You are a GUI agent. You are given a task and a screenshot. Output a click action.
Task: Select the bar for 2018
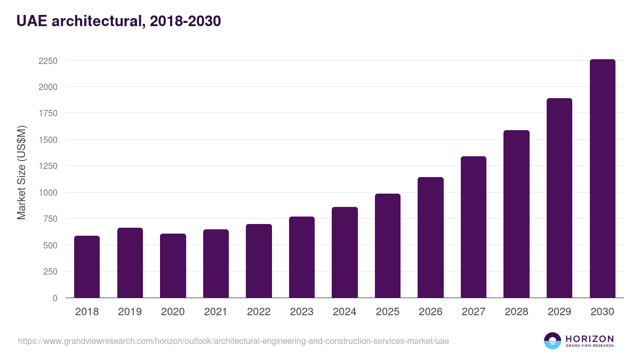pyautogui.click(x=87, y=267)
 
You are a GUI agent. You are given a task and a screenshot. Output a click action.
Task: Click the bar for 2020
pyautogui.click(x=173, y=266)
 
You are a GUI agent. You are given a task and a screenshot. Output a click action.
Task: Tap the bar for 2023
pyautogui.click(x=302, y=257)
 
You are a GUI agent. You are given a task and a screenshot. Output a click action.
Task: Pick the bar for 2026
pyautogui.click(x=430, y=237)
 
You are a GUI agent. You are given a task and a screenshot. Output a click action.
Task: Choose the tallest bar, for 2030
pyautogui.click(x=602, y=179)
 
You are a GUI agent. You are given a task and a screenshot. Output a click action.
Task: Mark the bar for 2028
pyautogui.click(x=516, y=214)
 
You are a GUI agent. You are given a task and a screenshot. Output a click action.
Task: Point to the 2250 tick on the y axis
pyautogui.click(x=48, y=61)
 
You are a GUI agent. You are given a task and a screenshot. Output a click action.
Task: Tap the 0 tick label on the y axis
pyautogui.click(x=55, y=298)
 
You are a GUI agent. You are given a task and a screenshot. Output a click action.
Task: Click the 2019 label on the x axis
pyautogui.click(x=130, y=312)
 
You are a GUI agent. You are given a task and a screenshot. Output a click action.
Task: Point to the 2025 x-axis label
pyautogui.click(x=387, y=312)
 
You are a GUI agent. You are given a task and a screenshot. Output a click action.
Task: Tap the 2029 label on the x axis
pyautogui.click(x=559, y=312)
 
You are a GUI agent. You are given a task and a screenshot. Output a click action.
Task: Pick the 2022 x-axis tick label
pyautogui.click(x=259, y=312)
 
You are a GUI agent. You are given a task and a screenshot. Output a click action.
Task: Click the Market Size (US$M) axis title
pyautogui.click(x=21, y=172)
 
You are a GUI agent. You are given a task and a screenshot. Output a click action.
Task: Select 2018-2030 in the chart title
pyautogui.click(x=186, y=21)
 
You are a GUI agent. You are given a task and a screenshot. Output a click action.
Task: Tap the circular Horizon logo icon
pyautogui.click(x=553, y=341)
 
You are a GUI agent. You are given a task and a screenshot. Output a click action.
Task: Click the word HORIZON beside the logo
pyautogui.click(x=589, y=339)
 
